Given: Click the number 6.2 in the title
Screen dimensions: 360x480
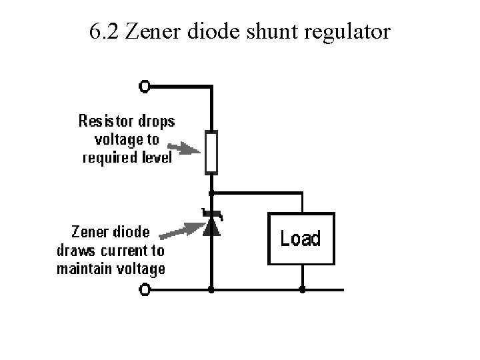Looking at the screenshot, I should point(103,31).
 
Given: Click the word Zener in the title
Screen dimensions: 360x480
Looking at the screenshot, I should point(149,31).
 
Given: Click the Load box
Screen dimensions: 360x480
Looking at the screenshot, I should point(301,238).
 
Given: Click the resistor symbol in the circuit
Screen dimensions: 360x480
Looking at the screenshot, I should point(211,152).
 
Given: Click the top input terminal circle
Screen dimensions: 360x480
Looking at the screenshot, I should point(145,86).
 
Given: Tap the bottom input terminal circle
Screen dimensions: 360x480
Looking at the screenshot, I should point(145,290).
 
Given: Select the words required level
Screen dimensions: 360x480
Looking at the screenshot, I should point(127,158).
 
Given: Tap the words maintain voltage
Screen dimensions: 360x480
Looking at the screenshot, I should point(111,269).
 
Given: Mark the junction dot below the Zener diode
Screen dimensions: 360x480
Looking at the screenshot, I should point(211,290).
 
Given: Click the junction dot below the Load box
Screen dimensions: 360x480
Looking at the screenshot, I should point(302,290).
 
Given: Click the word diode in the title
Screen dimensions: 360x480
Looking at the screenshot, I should point(202,31).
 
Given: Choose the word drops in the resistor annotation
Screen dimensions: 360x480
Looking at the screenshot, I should point(157,122).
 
